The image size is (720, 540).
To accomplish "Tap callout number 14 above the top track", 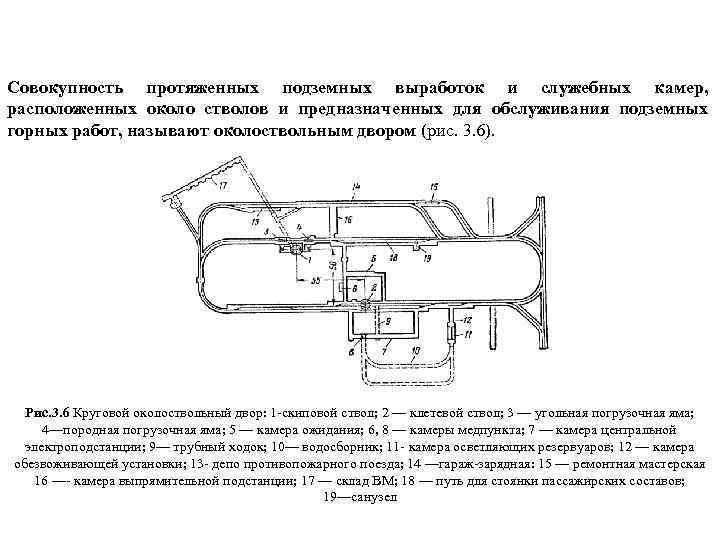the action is coord(357,187).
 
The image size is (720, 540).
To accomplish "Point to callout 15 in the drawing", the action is coord(433,187).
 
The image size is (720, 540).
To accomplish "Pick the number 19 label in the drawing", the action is coord(427,257).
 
